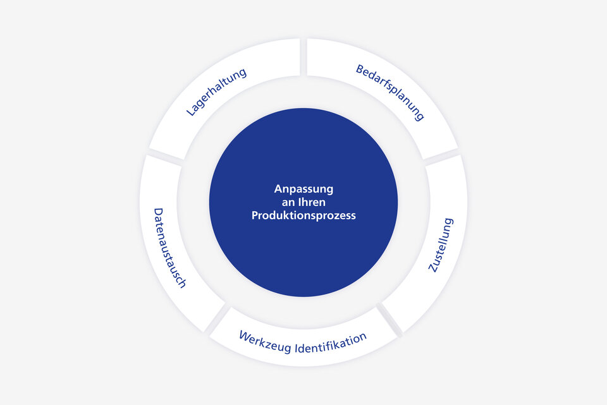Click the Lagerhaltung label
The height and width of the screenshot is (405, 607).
pos(216,92)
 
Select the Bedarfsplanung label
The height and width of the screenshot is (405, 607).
pos(389,92)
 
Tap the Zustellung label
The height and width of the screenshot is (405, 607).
pos(441,245)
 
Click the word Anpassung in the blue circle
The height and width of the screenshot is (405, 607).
pos(303,189)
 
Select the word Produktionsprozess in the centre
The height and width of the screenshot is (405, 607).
pos(303,215)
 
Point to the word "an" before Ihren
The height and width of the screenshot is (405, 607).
pos(288,202)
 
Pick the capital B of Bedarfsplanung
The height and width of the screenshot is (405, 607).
pos(359,69)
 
